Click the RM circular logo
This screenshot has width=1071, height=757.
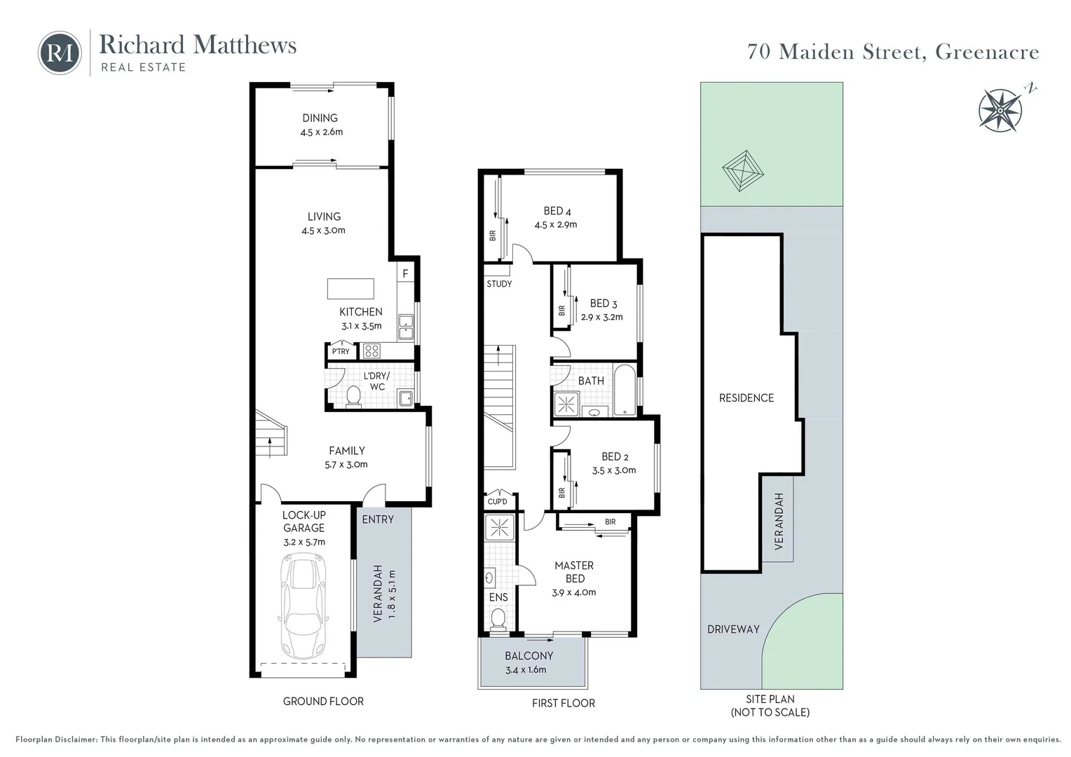click(60, 53)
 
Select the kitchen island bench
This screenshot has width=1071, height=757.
click(350, 289)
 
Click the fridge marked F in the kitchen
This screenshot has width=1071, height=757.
click(405, 273)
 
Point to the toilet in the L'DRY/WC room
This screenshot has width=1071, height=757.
click(353, 396)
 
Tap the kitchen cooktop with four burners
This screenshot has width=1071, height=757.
click(371, 350)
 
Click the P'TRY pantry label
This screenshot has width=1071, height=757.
click(341, 351)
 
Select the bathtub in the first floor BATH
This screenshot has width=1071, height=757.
click(624, 390)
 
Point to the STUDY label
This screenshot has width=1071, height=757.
click(499, 284)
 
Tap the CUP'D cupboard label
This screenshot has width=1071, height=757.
click(497, 502)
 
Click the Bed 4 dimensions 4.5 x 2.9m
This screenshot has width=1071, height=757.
click(556, 225)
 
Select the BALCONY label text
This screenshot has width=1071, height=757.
click(529, 656)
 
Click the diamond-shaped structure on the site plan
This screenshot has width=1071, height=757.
click(742, 171)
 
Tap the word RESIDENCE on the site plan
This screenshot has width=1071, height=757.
click(746, 398)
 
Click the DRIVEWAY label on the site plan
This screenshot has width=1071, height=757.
click(733, 629)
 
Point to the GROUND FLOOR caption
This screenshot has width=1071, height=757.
click(323, 701)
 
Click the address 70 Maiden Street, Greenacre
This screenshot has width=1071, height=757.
click(893, 52)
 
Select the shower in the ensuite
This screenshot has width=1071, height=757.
click(499, 527)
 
